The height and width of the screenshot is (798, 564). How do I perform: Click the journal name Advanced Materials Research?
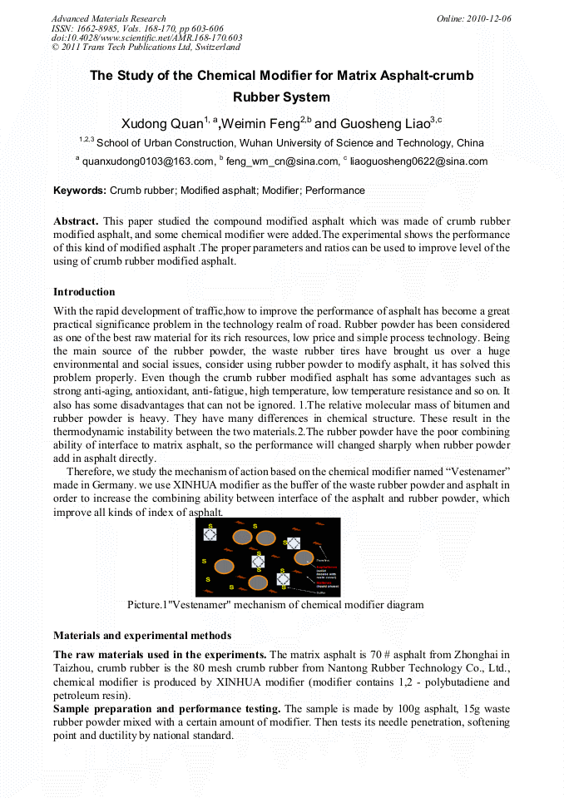[108, 18]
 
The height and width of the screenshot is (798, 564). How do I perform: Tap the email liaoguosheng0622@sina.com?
[418, 161]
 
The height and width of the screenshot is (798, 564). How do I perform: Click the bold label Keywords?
[80, 191]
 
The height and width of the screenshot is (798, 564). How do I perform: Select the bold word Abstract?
[76, 221]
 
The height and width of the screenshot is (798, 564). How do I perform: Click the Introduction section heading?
[84, 292]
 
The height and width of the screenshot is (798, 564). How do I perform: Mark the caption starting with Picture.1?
[275, 605]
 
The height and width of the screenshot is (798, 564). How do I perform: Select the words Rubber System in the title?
[281, 97]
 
